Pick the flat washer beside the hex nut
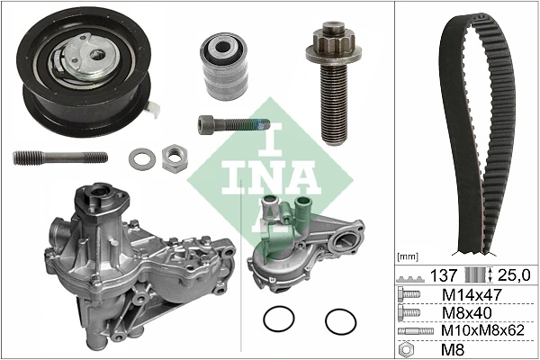(x=141, y=160)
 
